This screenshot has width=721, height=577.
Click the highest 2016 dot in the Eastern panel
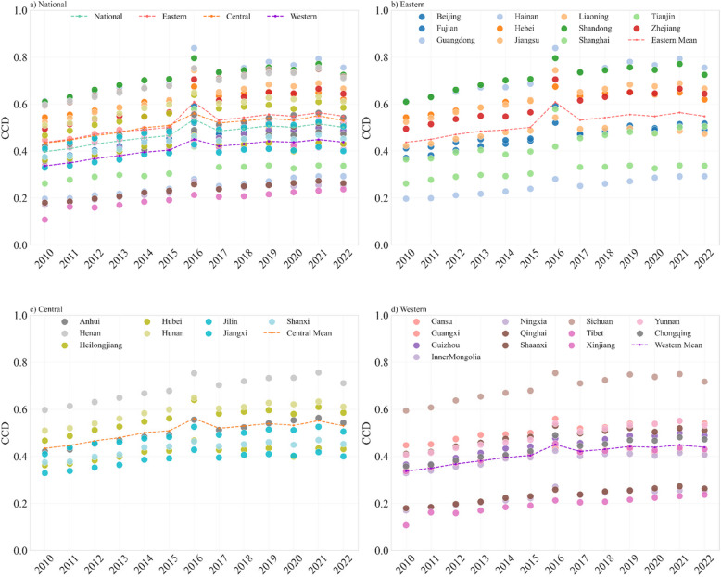click(555, 47)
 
